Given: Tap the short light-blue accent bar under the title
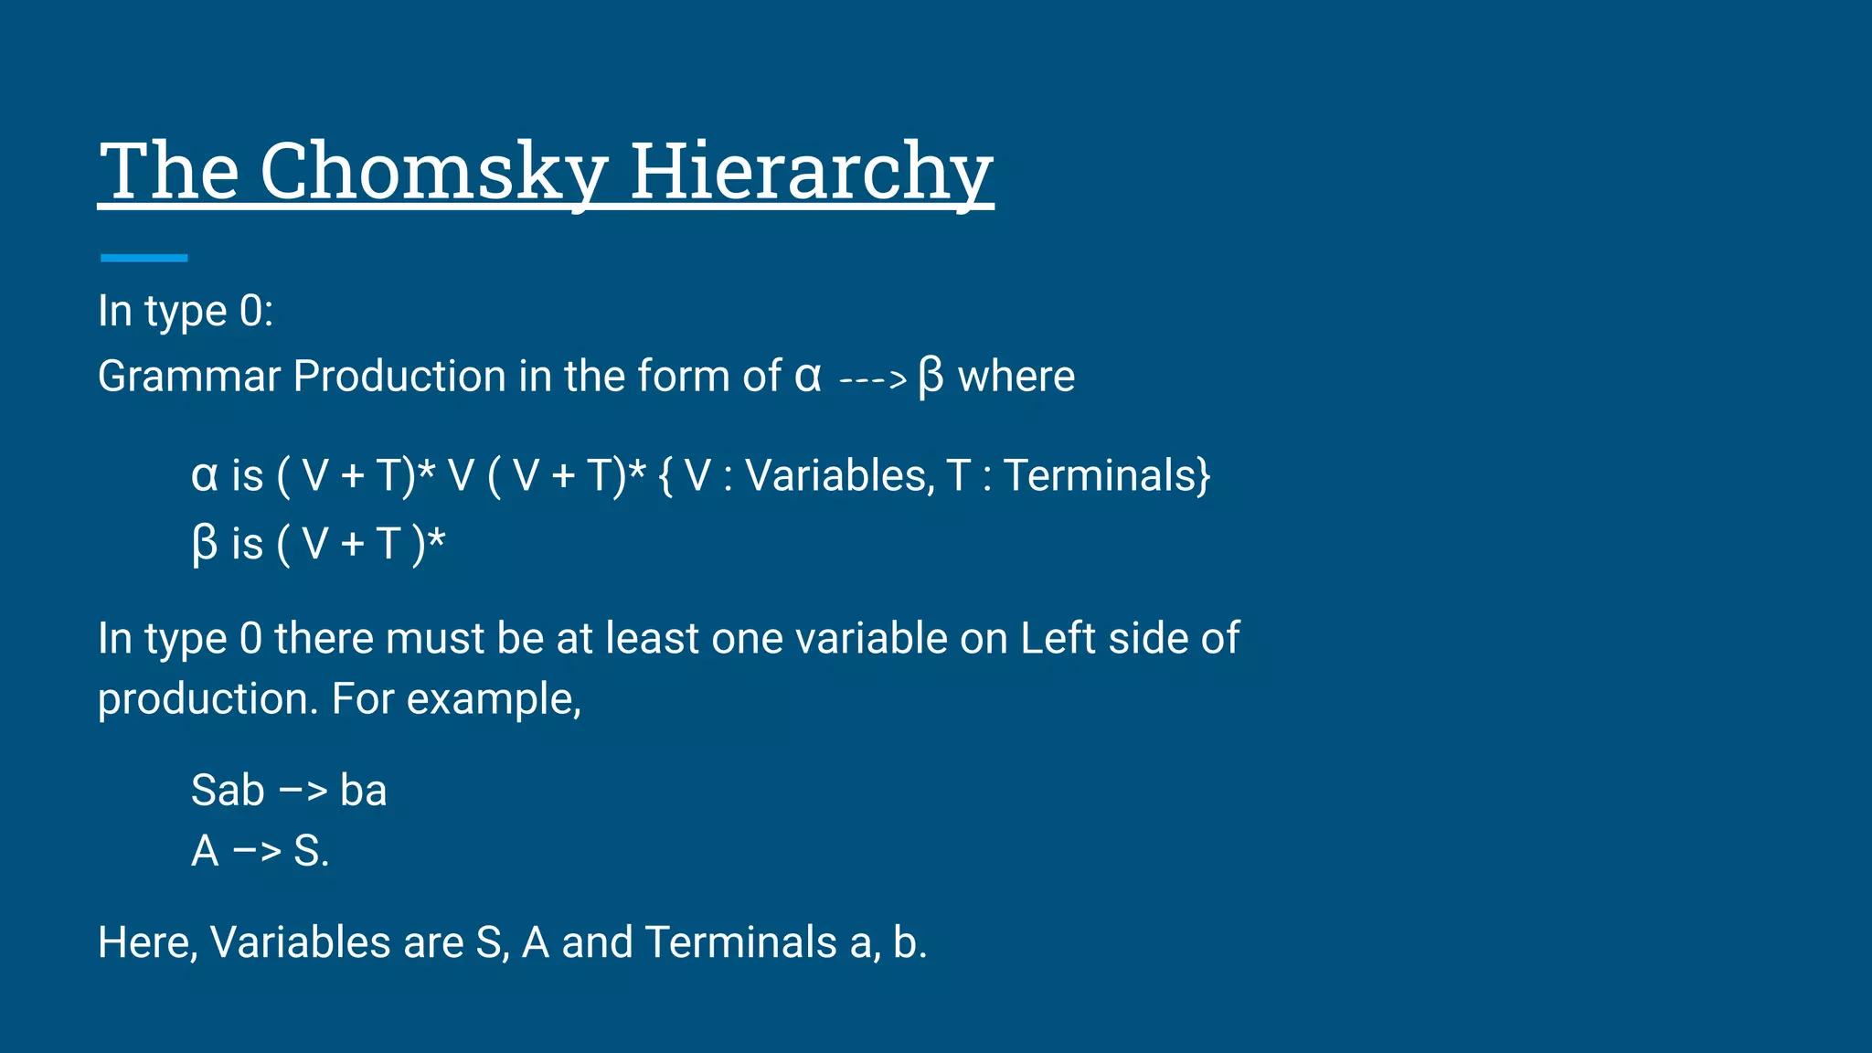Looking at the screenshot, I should pos(144,258).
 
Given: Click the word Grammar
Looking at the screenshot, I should pos(188,376).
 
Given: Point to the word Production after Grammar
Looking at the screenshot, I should pos(399,376).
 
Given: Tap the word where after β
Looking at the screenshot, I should pos(1016,376).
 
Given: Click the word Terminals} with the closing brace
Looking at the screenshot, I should pos(1107,475).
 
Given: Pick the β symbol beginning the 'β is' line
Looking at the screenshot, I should pos(205,544).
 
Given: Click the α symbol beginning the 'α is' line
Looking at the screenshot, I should pos(205,476).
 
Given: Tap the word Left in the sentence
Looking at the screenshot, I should pos(1058,638).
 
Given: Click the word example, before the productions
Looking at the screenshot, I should pos(494,699).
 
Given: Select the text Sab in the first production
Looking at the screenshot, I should pos(228,791).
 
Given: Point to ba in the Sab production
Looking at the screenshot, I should pos(363,791).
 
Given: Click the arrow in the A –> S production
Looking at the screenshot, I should pos(257,852).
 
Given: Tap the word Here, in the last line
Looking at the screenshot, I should pos(147,942).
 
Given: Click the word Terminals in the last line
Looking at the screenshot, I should pos(740,942).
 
